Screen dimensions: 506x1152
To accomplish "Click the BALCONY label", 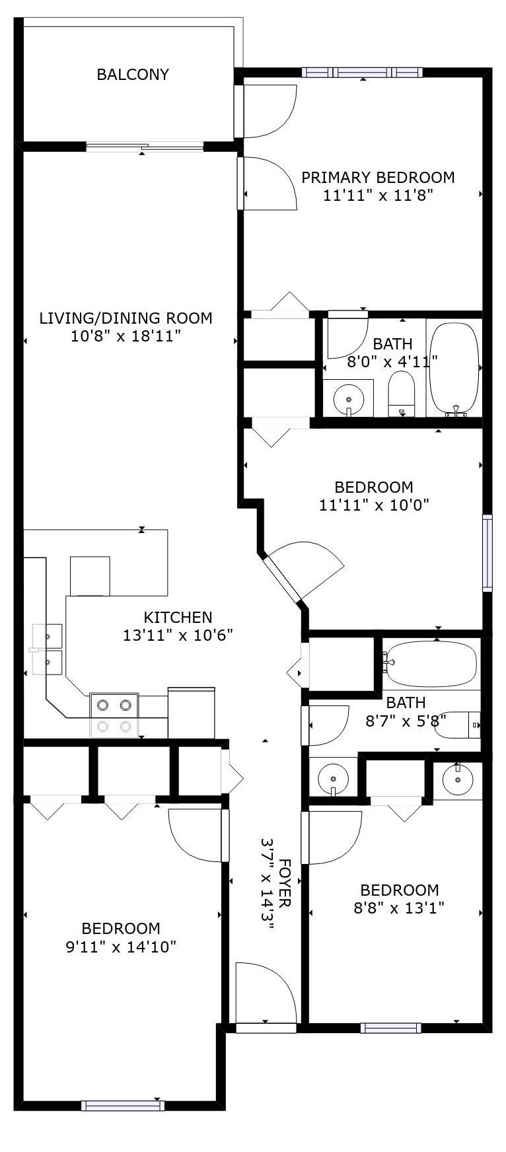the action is [133, 75].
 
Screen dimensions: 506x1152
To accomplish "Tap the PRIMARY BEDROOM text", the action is [378, 178].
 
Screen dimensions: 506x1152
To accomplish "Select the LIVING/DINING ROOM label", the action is [126, 318].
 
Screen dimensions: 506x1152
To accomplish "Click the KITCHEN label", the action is [178, 618].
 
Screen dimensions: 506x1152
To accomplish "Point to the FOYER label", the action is [285, 883].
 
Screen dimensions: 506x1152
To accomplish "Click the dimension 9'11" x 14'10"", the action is [121, 947].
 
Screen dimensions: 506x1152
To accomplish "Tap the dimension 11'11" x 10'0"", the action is [374, 506].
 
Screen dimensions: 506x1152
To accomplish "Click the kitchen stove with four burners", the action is [114, 715].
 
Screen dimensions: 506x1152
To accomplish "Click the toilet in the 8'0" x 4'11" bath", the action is [400, 394].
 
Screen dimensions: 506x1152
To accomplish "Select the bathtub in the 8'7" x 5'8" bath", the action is [430, 663].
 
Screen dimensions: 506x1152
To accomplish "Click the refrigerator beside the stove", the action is [191, 713].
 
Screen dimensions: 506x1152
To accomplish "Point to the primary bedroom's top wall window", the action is [362, 73].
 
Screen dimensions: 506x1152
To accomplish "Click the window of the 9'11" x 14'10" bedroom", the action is [122, 1106].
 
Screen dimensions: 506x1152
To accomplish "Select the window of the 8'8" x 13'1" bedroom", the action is [390, 1028].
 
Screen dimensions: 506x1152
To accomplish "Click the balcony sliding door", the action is [144, 146].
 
